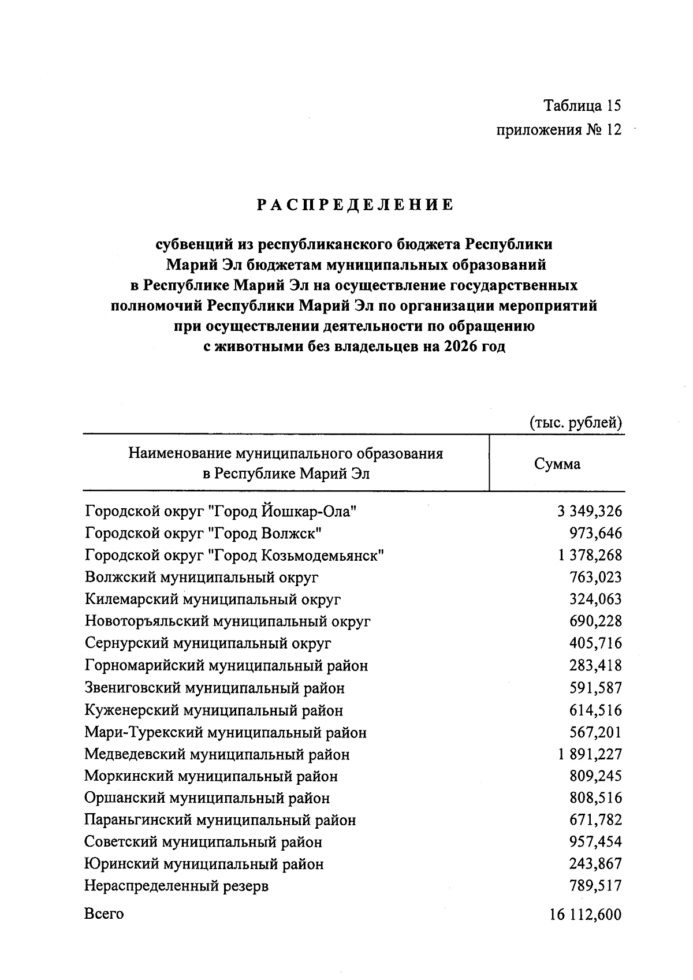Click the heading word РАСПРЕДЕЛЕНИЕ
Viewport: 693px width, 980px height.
355,206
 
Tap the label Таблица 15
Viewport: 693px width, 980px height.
583,106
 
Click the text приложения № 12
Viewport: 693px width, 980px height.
559,130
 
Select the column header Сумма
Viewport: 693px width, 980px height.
557,464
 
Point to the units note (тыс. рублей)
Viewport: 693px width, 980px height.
575,423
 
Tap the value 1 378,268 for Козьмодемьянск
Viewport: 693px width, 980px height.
590,556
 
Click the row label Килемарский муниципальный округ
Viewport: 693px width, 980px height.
213,599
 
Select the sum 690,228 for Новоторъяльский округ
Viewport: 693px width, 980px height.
595,621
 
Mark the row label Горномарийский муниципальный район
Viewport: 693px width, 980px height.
226,666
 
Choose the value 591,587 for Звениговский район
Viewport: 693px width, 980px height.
595,688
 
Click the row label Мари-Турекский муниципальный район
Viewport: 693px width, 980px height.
225,733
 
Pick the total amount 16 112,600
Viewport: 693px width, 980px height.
586,915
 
